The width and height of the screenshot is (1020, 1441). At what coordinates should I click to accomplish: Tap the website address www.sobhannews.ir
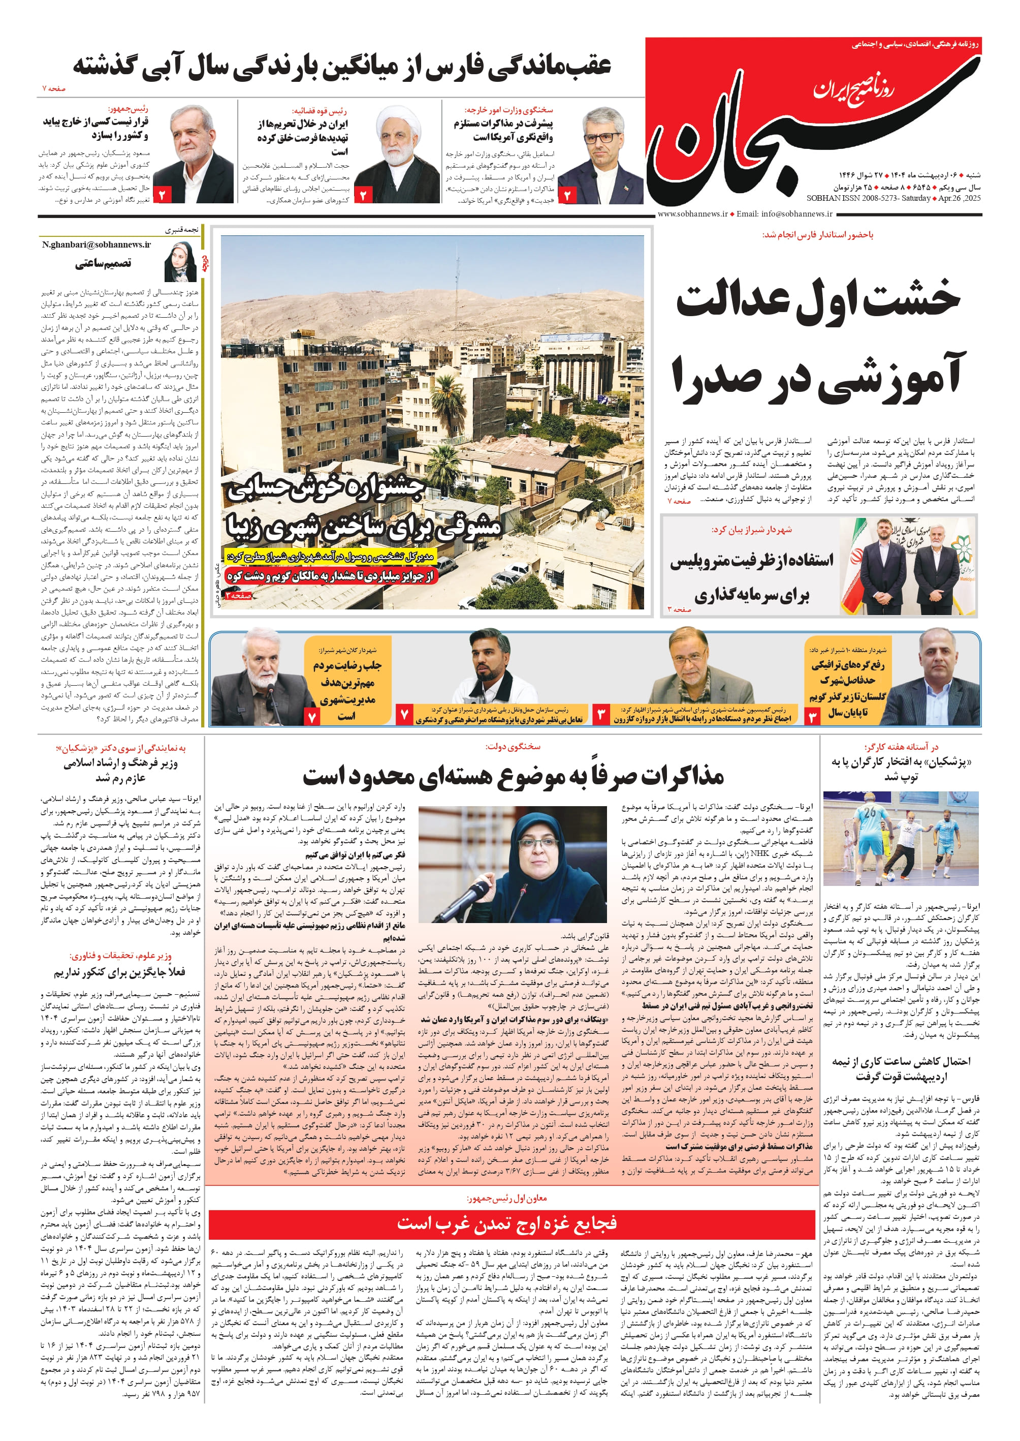[x=692, y=213]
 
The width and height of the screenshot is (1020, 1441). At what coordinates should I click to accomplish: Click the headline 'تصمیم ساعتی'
[x=103, y=263]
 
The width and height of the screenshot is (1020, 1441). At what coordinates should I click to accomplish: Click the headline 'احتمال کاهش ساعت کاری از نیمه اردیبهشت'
[x=901, y=1068]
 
